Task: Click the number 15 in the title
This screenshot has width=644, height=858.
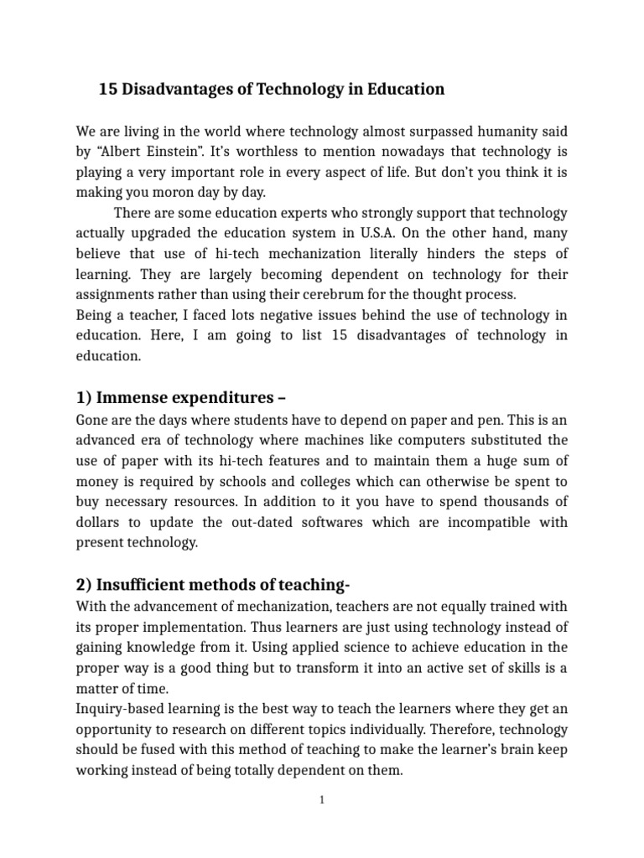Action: tap(108, 89)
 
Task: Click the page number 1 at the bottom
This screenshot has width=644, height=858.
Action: tap(322, 800)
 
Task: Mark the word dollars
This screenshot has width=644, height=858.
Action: tap(101, 522)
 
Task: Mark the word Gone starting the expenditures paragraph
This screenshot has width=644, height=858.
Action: tap(91, 421)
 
